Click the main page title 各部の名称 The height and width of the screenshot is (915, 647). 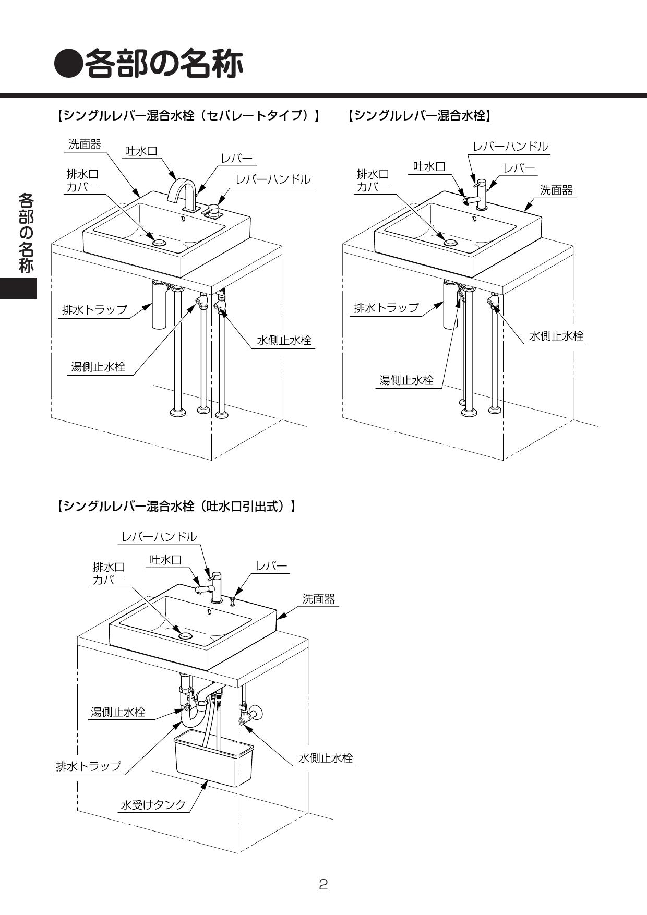(149, 64)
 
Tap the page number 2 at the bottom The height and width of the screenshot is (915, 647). (323, 884)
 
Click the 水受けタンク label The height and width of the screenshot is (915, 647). (153, 805)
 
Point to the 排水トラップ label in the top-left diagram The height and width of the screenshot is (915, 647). (94, 309)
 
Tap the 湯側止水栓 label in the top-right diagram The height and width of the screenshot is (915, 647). (406, 380)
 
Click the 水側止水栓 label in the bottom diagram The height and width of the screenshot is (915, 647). (326, 758)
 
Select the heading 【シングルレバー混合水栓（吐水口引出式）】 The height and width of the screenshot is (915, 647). (176, 506)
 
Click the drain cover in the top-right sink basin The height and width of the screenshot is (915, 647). (450, 243)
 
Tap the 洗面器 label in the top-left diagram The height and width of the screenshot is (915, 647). (85, 145)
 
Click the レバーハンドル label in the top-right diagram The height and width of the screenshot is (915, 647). (510, 147)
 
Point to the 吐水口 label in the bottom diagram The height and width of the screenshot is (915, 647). (166, 560)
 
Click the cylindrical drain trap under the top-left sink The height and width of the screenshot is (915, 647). (159, 308)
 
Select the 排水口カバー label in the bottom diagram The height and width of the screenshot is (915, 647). (109, 573)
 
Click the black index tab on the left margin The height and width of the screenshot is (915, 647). (19, 288)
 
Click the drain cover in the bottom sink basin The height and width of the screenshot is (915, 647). (185, 635)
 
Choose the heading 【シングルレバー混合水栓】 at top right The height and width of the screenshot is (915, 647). (418, 116)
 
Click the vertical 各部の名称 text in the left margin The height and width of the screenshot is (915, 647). (26, 233)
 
